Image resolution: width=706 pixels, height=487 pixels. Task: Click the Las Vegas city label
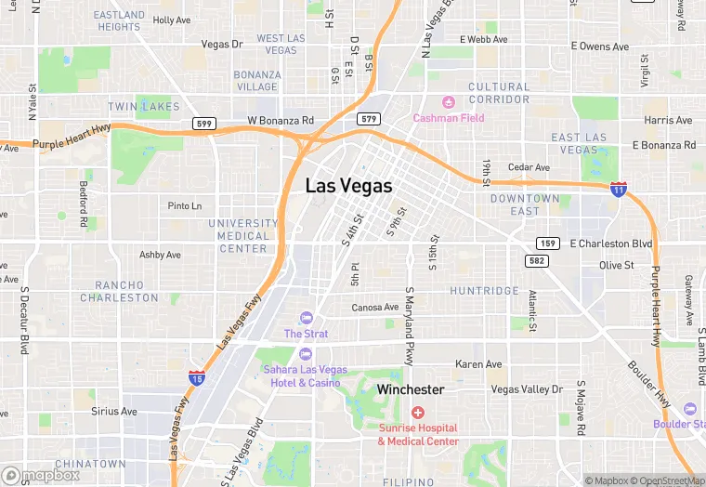pyautogui.click(x=348, y=186)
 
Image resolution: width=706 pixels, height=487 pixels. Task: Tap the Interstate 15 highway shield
pyautogui.click(x=197, y=376)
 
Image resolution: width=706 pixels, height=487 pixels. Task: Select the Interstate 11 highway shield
pyautogui.click(x=618, y=189)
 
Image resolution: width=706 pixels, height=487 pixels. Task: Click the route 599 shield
pyautogui.click(x=203, y=123)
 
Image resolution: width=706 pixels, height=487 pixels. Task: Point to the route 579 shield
pyautogui.click(x=368, y=118)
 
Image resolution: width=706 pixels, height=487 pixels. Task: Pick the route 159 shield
pyautogui.click(x=547, y=243)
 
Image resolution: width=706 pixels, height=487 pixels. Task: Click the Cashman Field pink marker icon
pyautogui.click(x=449, y=101)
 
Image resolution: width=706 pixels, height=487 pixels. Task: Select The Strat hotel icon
pyautogui.click(x=306, y=319)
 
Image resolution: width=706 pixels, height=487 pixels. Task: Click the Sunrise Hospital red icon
pyautogui.click(x=418, y=412)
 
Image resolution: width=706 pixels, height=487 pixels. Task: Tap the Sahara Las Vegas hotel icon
pyautogui.click(x=305, y=352)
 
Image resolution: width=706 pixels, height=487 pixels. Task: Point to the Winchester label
pyautogui.click(x=410, y=389)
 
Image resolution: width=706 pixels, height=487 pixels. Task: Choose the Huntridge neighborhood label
pyautogui.click(x=485, y=291)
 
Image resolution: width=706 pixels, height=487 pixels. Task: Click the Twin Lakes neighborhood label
pyautogui.click(x=143, y=107)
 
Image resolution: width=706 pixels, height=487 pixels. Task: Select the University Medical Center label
pyautogui.click(x=242, y=236)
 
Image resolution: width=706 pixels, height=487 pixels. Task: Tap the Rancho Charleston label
pyautogui.click(x=119, y=291)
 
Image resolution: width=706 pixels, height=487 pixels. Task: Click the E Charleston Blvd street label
pyautogui.click(x=611, y=243)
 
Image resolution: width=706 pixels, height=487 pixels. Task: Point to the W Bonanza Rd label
pyautogui.click(x=281, y=121)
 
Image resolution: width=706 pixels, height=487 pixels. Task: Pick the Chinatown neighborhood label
pyautogui.click(x=90, y=464)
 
